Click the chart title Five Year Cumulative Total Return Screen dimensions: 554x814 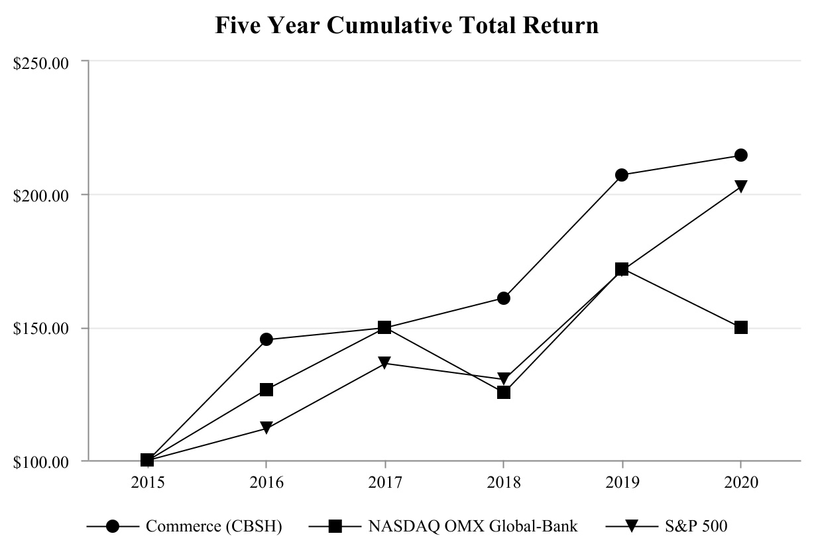pyautogui.click(x=407, y=25)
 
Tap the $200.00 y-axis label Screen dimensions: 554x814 pyautogui.click(x=42, y=195)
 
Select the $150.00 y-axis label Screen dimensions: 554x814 pyautogui.click(x=42, y=329)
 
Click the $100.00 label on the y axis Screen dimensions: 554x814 pyautogui.click(x=42, y=462)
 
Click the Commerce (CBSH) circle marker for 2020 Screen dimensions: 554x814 pyautogui.click(x=740, y=155)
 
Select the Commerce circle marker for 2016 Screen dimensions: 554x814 pyautogui.click(x=266, y=339)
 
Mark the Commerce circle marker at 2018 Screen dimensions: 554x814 pyautogui.click(x=503, y=298)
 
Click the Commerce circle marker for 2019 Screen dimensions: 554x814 pyautogui.click(x=622, y=175)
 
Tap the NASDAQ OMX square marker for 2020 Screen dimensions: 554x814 pyautogui.click(x=740, y=327)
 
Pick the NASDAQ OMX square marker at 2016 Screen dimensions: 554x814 pyautogui.click(x=266, y=390)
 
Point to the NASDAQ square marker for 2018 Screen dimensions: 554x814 pyautogui.click(x=503, y=392)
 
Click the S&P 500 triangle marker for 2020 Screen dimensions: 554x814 pyautogui.click(x=740, y=186)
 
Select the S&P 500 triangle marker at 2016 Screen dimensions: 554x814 pyautogui.click(x=266, y=428)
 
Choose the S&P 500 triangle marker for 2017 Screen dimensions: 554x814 pyautogui.click(x=384, y=363)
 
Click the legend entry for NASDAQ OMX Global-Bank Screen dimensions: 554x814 pyautogui.click(x=473, y=526)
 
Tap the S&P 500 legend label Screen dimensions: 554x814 pyautogui.click(x=696, y=526)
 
